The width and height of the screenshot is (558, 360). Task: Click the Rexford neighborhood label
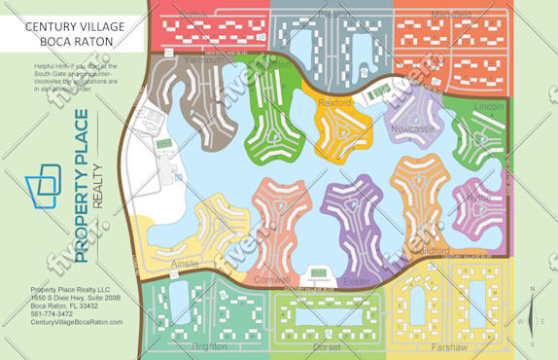click(334, 101)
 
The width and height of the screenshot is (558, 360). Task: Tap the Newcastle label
click(413, 128)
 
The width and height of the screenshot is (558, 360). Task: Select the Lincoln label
click(489, 106)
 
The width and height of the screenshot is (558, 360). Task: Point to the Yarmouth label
click(202, 59)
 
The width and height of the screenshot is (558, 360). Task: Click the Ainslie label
click(184, 264)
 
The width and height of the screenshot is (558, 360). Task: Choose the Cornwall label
click(271, 280)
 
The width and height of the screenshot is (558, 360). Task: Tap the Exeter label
click(356, 281)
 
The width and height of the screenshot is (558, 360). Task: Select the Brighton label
click(210, 346)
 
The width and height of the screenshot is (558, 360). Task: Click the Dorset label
click(327, 346)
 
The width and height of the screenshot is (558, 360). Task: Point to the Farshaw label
click(448, 346)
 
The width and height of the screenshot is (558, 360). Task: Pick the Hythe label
click(479, 198)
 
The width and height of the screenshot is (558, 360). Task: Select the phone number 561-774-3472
click(52, 314)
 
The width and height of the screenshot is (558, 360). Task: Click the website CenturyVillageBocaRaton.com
click(77, 322)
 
